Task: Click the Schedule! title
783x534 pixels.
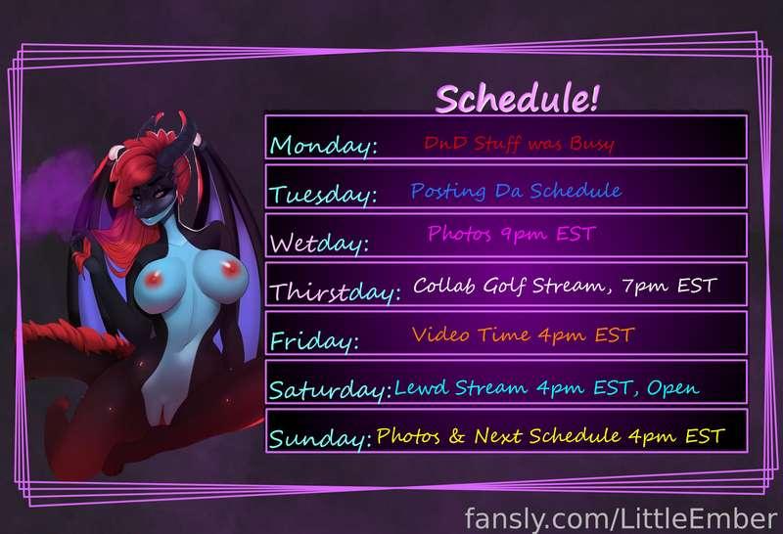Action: click(x=517, y=98)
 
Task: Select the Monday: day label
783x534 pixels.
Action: click(x=324, y=146)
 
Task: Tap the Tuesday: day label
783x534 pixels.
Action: click(x=323, y=194)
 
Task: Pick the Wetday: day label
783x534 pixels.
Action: click(x=320, y=244)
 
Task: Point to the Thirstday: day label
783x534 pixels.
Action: click(x=335, y=291)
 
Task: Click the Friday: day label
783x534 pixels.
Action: click(x=314, y=341)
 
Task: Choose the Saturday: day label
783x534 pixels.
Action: click(x=330, y=389)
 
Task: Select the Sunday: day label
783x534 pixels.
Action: click(x=321, y=438)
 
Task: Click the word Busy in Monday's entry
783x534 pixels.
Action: click(x=592, y=144)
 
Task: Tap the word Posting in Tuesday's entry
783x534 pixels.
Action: click(x=448, y=191)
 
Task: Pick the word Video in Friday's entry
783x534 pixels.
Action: click(x=440, y=334)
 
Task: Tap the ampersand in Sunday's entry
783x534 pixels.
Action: click(x=457, y=435)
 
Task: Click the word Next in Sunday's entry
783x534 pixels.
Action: click(x=498, y=436)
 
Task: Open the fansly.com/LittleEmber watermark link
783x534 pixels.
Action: click(x=621, y=518)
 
